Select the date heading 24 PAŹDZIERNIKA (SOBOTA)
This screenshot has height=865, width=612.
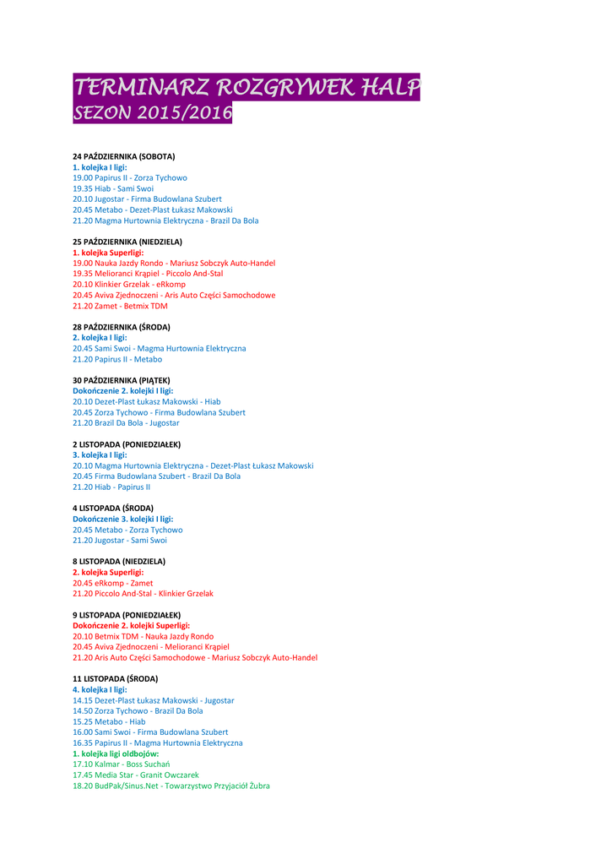[123, 157]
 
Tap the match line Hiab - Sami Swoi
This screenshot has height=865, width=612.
[113, 188]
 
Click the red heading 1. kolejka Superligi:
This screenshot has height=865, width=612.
[108, 253]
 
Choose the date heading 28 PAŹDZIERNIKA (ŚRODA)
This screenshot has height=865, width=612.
[121, 327]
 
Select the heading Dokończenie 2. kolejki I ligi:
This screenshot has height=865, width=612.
[123, 391]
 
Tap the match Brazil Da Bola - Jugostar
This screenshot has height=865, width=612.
[126, 422]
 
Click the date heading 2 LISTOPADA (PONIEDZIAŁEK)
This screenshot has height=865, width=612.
[127, 444]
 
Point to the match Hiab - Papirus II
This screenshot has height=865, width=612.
[111, 487]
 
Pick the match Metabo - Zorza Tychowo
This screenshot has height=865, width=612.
[127, 530]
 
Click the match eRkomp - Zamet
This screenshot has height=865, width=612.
[113, 583]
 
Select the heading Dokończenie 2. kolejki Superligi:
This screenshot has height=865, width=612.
[131, 625]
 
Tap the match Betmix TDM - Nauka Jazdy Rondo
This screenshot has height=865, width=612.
[144, 636]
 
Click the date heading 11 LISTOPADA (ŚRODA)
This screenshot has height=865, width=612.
[115, 678]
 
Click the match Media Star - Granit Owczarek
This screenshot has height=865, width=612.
[136, 775]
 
